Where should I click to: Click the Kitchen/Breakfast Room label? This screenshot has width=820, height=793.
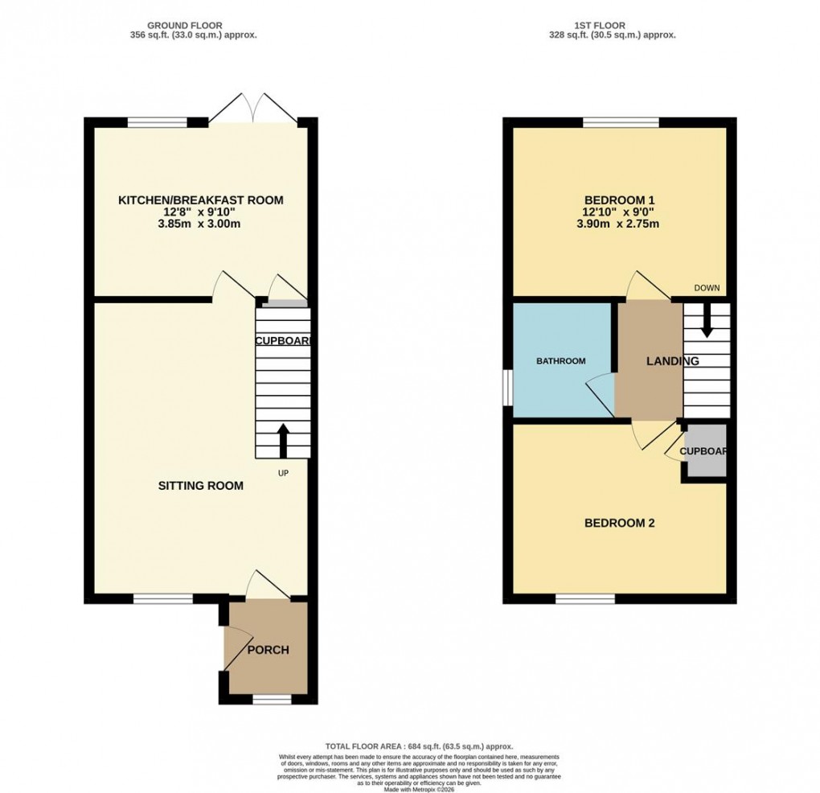(x=201, y=200)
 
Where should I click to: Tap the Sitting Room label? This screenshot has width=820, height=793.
(x=200, y=486)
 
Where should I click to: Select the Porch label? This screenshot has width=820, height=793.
(x=268, y=650)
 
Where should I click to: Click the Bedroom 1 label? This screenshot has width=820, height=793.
(x=619, y=200)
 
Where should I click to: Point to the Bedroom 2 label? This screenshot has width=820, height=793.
(x=619, y=523)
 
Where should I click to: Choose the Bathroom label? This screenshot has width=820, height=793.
(x=561, y=361)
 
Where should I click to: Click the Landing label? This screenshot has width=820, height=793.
(x=672, y=361)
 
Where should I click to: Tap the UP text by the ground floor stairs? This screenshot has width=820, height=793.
(x=283, y=473)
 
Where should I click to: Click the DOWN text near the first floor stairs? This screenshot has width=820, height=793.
(x=707, y=288)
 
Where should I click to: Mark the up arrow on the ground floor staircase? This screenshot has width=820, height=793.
(x=283, y=440)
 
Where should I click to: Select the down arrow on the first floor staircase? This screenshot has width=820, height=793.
(x=707, y=323)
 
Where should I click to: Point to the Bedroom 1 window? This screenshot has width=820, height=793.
(x=621, y=122)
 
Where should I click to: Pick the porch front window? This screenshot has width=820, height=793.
(x=272, y=700)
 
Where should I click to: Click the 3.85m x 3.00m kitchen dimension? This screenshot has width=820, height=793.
(x=201, y=224)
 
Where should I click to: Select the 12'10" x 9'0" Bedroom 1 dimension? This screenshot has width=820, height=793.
(x=619, y=212)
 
